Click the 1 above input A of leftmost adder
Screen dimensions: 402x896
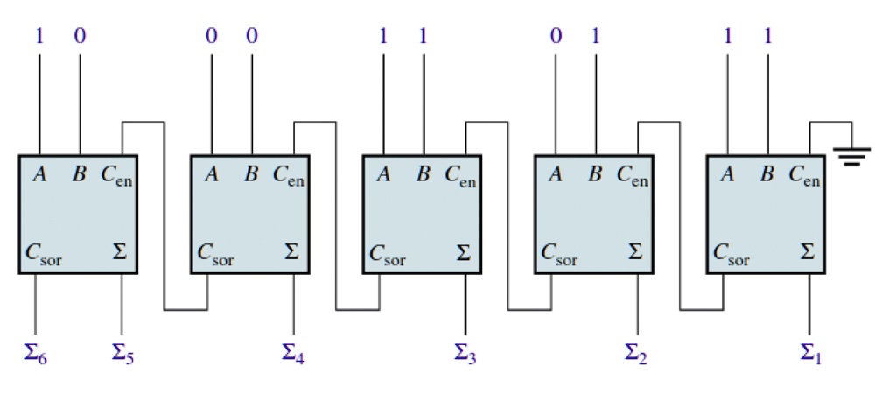click(38, 37)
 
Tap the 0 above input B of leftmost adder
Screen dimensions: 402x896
click(80, 37)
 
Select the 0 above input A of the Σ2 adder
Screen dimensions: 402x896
click(556, 37)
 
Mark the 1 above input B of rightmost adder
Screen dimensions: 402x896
click(768, 37)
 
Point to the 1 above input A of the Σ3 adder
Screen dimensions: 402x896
click(383, 37)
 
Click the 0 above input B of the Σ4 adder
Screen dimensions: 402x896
click(252, 37)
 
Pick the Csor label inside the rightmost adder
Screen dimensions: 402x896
click(731, 255)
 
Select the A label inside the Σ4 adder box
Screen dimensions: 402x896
click(212, 174)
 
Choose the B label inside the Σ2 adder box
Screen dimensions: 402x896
click(595, 174)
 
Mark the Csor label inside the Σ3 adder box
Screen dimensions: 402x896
click(388, 255)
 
